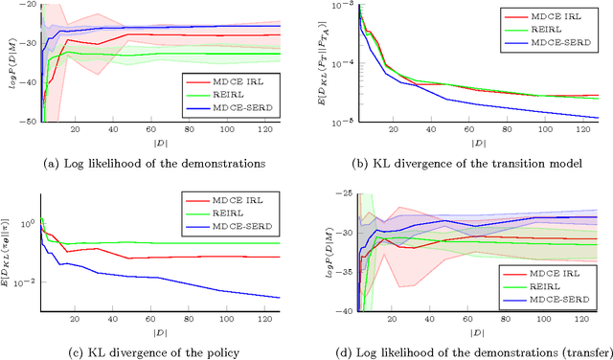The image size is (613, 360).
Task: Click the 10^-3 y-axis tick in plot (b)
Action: tap(336, 6)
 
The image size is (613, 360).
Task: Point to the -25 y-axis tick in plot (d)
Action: tap(340, 193)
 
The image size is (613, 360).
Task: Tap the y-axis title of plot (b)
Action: tap(323, 62)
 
